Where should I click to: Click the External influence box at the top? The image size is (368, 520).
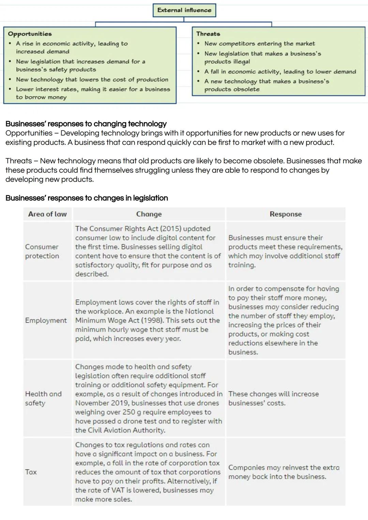click(x=184, y=10)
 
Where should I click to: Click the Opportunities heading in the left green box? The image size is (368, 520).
click(x=30, y=34)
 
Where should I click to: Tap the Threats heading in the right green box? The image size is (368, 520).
click(x=208, y=34)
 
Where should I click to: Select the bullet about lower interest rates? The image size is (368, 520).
click(x=93, y=93)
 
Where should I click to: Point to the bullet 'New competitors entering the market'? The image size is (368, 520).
click(x=259, y=44)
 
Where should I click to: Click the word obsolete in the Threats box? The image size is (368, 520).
click(x=246, y=89)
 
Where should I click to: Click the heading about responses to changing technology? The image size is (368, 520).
click(x=86, y=123)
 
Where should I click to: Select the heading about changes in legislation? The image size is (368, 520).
click(x=87, y=198)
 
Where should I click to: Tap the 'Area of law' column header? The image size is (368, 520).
click(x=47, y=214)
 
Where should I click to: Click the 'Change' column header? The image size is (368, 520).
click(x=149, y=214)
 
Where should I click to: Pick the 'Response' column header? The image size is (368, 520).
click(x=286, y=214)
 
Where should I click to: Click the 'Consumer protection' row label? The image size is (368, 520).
click(x=42, y=251)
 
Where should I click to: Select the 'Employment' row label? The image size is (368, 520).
click(x=46, y=320)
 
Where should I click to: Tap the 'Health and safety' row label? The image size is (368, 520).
click(x=43, y=398)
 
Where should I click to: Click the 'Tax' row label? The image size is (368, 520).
click(x=31, y=472)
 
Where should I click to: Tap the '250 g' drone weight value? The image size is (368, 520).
click(x=128, y=412)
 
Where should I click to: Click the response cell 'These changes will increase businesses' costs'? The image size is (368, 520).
click(x=273, y=398)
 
